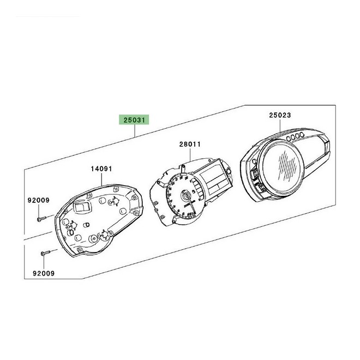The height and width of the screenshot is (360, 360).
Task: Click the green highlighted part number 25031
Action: coord(134,120)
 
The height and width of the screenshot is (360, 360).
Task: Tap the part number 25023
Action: coord(280,115)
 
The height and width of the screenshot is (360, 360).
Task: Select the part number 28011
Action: coord(190,144)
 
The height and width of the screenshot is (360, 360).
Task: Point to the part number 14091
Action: coord(101,169)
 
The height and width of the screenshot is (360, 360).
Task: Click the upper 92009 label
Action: coord(39,200)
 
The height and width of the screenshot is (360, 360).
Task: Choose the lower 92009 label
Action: coord(44,273)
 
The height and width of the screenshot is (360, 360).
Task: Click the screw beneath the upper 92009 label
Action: coord(41,219)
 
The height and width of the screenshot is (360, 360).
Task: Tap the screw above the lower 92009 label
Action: coord(45,253)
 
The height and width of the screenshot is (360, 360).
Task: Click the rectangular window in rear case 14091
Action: coord(82,207)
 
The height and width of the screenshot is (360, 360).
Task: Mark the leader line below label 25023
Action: coord(280,125)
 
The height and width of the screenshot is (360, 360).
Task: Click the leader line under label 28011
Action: coord(190,154)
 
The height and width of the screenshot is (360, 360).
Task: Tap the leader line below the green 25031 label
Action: coord(135,131)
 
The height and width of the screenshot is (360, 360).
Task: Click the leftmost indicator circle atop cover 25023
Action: coord(289,139)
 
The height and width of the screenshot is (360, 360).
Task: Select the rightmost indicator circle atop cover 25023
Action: coord(302,134)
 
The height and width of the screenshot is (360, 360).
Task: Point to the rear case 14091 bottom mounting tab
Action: coord(80,250)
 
